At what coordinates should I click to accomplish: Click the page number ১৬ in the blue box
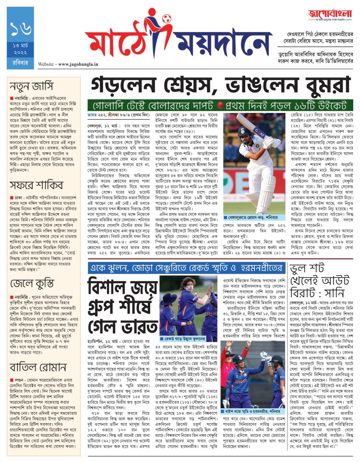pos(19,30)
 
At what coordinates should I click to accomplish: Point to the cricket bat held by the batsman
pos(239,129)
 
